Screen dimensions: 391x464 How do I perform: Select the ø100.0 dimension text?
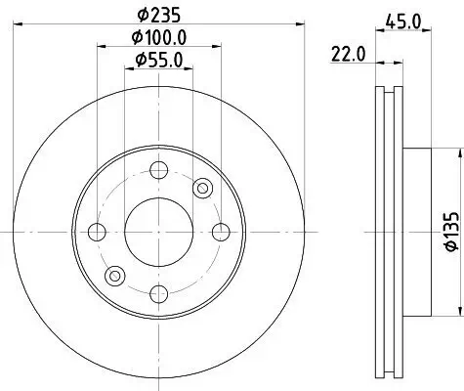[x=159, y=39]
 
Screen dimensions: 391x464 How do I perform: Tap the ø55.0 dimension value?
[x=159, y=62]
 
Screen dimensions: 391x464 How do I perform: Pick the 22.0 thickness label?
[x=348, y=56]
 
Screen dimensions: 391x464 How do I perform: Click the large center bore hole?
[x=159, y=232]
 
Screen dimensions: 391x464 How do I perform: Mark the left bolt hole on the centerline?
[x=97, y=232]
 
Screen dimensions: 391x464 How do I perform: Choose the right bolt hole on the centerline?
[x=221, y=232]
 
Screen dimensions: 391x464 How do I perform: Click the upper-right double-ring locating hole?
[x=203, y=188]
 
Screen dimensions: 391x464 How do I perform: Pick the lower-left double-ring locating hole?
[x=115, y=276]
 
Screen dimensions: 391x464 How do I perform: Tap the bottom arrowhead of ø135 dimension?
[x=457, y=312]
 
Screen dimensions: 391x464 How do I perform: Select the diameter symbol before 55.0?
[x=138, y=62]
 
